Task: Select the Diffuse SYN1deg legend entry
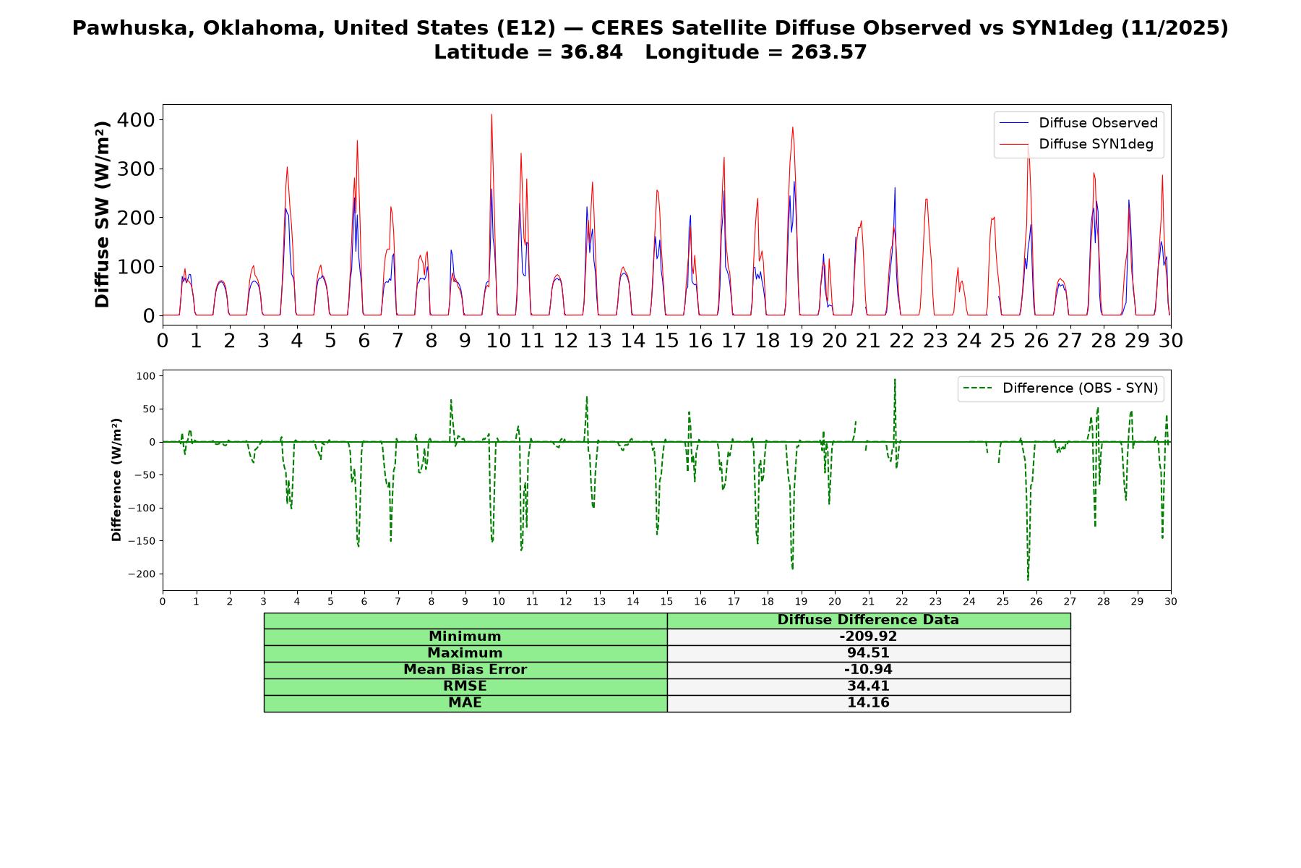click(x=1076, y=144)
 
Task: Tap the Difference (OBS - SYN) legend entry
click(x=1061, y=388)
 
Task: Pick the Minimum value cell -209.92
click(x=868, y=637)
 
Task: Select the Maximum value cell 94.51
click(x=868, y=653)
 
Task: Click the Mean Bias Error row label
click(x=465, y=670)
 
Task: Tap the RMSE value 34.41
click(x=868, y=686)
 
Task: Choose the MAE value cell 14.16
click(x=868, y=703)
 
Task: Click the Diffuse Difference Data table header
click(x=868, y=620)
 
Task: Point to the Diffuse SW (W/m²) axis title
click(x=103, y=214)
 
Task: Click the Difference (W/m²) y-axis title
click(x=116, y=480)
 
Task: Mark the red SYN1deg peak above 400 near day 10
click(x=491, y=114)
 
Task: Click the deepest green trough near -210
click(x=1028, y=579)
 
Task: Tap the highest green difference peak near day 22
click(x=895, y=379)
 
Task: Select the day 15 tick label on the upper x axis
click(x=666, y=340)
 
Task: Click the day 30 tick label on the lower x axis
click(x=1171, y=601)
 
